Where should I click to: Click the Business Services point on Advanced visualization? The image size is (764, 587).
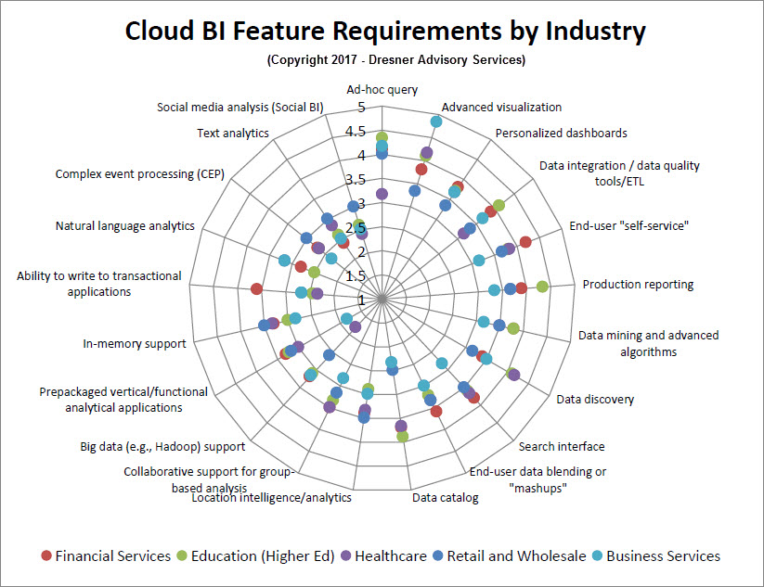[x=436, y=121]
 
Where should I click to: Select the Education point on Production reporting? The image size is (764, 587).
[x=542, y=287]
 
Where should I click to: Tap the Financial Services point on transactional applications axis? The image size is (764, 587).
[x=256, y=289]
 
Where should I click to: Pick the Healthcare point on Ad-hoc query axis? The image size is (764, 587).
[x=382, y=194]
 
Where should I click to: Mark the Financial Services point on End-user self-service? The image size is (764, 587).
[x=525, y=241]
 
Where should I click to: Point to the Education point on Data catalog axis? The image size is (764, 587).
[x=403, y=436]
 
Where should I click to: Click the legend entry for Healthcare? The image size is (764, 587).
[x=384, y=555]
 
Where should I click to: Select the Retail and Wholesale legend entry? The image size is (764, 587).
[x=510, y=555]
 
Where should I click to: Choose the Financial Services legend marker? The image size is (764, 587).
[x=46, y=555]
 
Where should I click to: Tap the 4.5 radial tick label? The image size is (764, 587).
[x=356, y=131]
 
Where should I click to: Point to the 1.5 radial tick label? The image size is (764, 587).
[x=356, y=276]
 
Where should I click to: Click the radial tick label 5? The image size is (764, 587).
[x=361, y=107]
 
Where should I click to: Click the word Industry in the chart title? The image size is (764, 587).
[x=595, y=31]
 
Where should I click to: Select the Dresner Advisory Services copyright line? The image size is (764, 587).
[x=396, y=60]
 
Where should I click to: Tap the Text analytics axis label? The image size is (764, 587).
[x=233, y=133]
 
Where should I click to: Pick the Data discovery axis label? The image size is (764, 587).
[x=595, y=400]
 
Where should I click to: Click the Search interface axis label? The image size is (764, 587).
[x=562, y=446]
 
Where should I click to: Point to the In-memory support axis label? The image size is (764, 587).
[x=135, y=344]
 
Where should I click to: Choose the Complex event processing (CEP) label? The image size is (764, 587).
[x=140, y=173]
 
